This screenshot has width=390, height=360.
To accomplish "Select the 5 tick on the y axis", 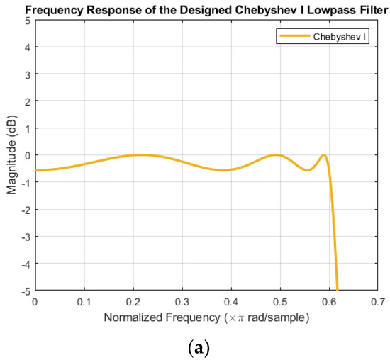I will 27,21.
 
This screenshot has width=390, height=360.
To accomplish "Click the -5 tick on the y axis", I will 26,290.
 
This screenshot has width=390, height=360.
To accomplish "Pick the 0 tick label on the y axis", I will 27,155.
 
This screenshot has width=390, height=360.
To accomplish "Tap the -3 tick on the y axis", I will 26,236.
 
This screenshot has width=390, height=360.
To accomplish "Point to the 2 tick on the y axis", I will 27,101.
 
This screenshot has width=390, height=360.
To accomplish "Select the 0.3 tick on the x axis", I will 182,301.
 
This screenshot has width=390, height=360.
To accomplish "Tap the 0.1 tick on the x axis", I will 84,301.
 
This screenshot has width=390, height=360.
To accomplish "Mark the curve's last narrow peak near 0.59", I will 323,155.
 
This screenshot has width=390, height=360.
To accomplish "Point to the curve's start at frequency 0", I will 35,170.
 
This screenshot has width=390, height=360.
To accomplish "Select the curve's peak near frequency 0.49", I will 276,155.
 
